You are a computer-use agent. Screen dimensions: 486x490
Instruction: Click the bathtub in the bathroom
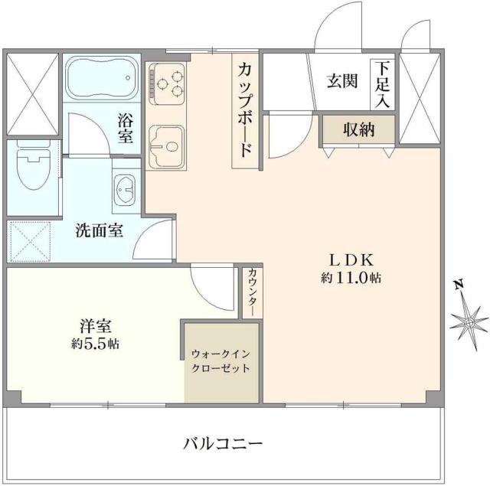click(100, 80)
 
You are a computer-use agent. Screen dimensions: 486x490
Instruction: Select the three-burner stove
click(169, 83)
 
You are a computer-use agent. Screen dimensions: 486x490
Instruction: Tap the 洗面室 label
click(100, 230)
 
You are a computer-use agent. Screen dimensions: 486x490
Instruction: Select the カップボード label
click(246, 109)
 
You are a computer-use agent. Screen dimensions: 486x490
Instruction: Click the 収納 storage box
click(358, 130)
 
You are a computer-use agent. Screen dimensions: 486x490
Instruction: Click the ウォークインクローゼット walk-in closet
click(221, 361)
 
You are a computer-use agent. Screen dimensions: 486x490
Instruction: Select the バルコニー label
click(223, 443)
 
